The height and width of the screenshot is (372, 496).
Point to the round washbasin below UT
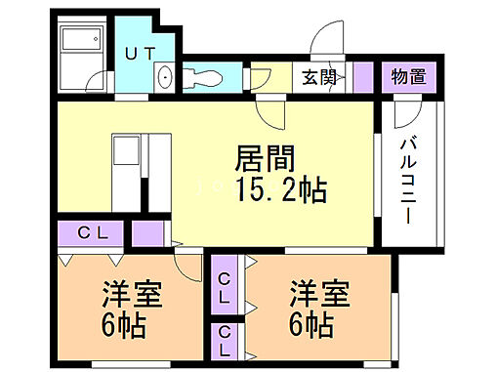coord(163,77)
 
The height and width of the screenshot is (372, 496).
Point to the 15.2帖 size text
coord(279,188)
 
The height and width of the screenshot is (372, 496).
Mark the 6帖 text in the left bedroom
coord(124,323)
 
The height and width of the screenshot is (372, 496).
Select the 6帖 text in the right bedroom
coord(312,323)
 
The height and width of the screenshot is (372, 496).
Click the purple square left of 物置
coord(363,76)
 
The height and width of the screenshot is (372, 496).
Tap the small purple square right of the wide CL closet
coord(147,234)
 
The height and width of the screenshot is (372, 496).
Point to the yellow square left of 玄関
coord(281,76)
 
